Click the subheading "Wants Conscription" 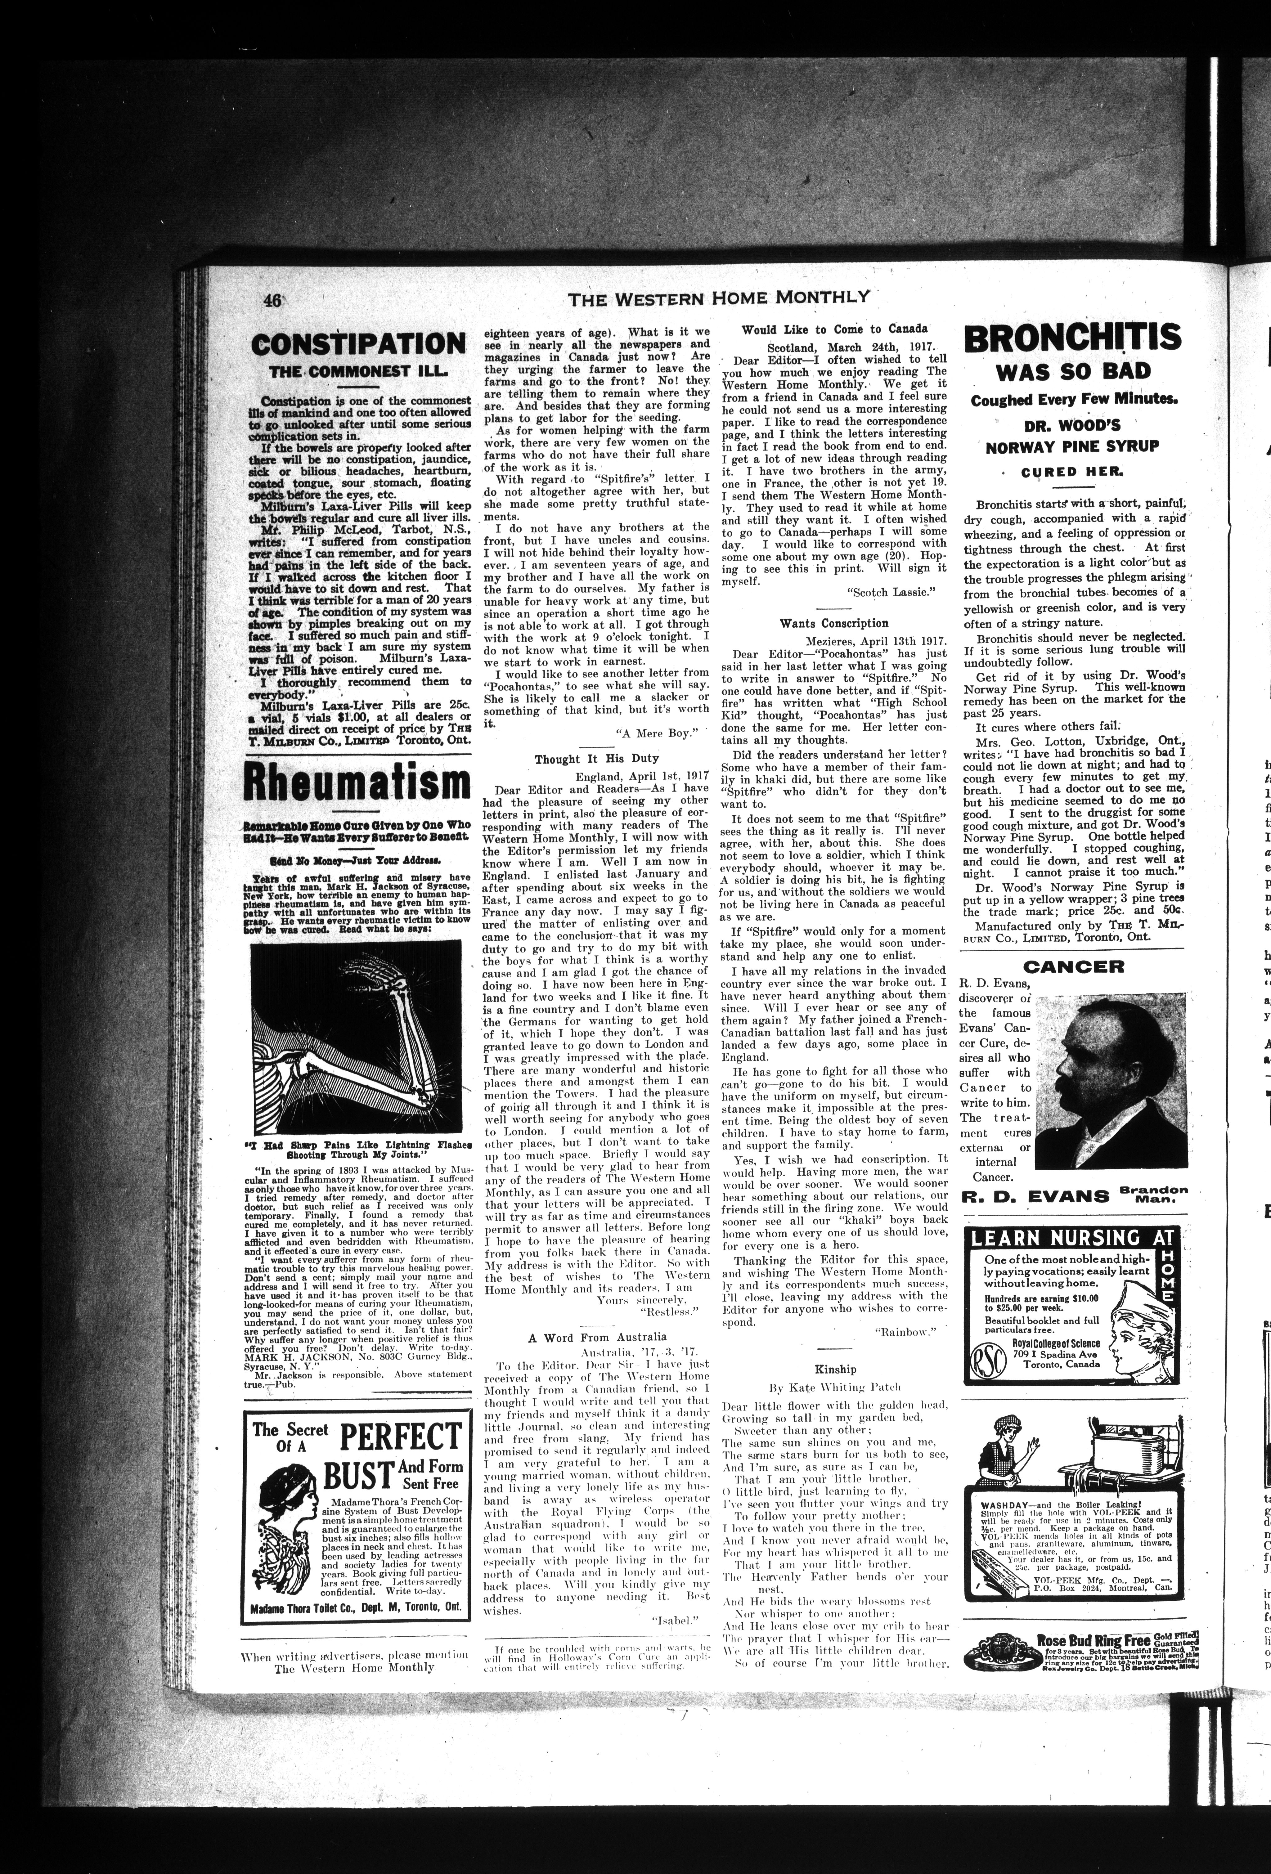[x=834, y=622]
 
